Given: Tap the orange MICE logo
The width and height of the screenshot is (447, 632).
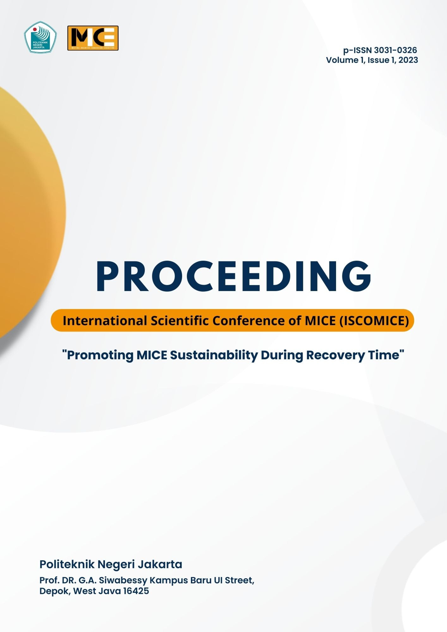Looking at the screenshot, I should [93, 38].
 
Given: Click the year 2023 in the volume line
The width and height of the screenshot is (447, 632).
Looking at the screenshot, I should [408, 60].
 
